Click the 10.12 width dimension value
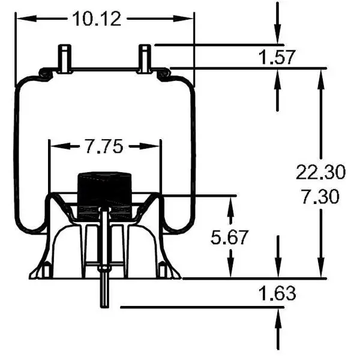(x=97, y=19)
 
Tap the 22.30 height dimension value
(x=320, y=173)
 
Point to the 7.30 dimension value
(x=320, y=196)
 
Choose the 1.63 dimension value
(x=277, y=293)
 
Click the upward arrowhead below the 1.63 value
(x=278, y=316)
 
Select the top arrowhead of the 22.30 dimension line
(x=321, y=76)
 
